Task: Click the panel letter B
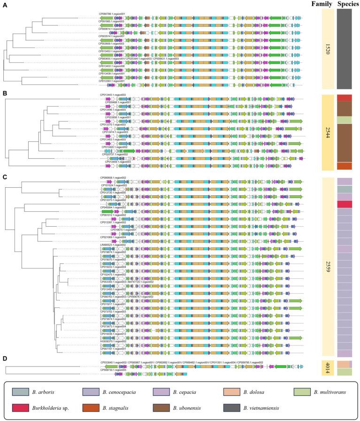[x=4, y=93]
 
